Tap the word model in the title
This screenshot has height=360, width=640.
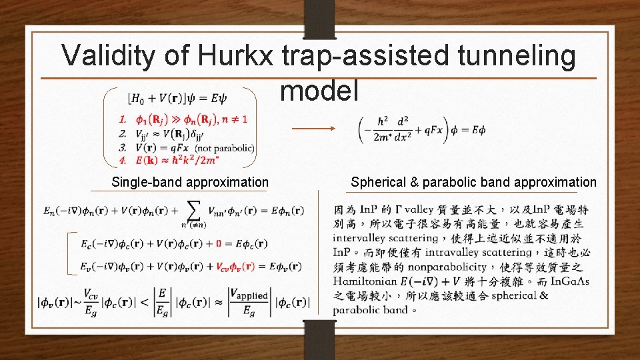[319, 90]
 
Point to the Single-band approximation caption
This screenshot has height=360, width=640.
[190, 182]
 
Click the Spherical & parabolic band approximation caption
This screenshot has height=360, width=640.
[474, 182]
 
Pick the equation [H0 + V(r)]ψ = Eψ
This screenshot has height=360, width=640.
[177, 99]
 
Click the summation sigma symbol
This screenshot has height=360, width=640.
[193, 210]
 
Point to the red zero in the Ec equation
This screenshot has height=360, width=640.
[219, 243]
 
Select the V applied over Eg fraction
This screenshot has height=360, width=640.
[248, 302]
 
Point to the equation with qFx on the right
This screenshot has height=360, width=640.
[423, 129]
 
